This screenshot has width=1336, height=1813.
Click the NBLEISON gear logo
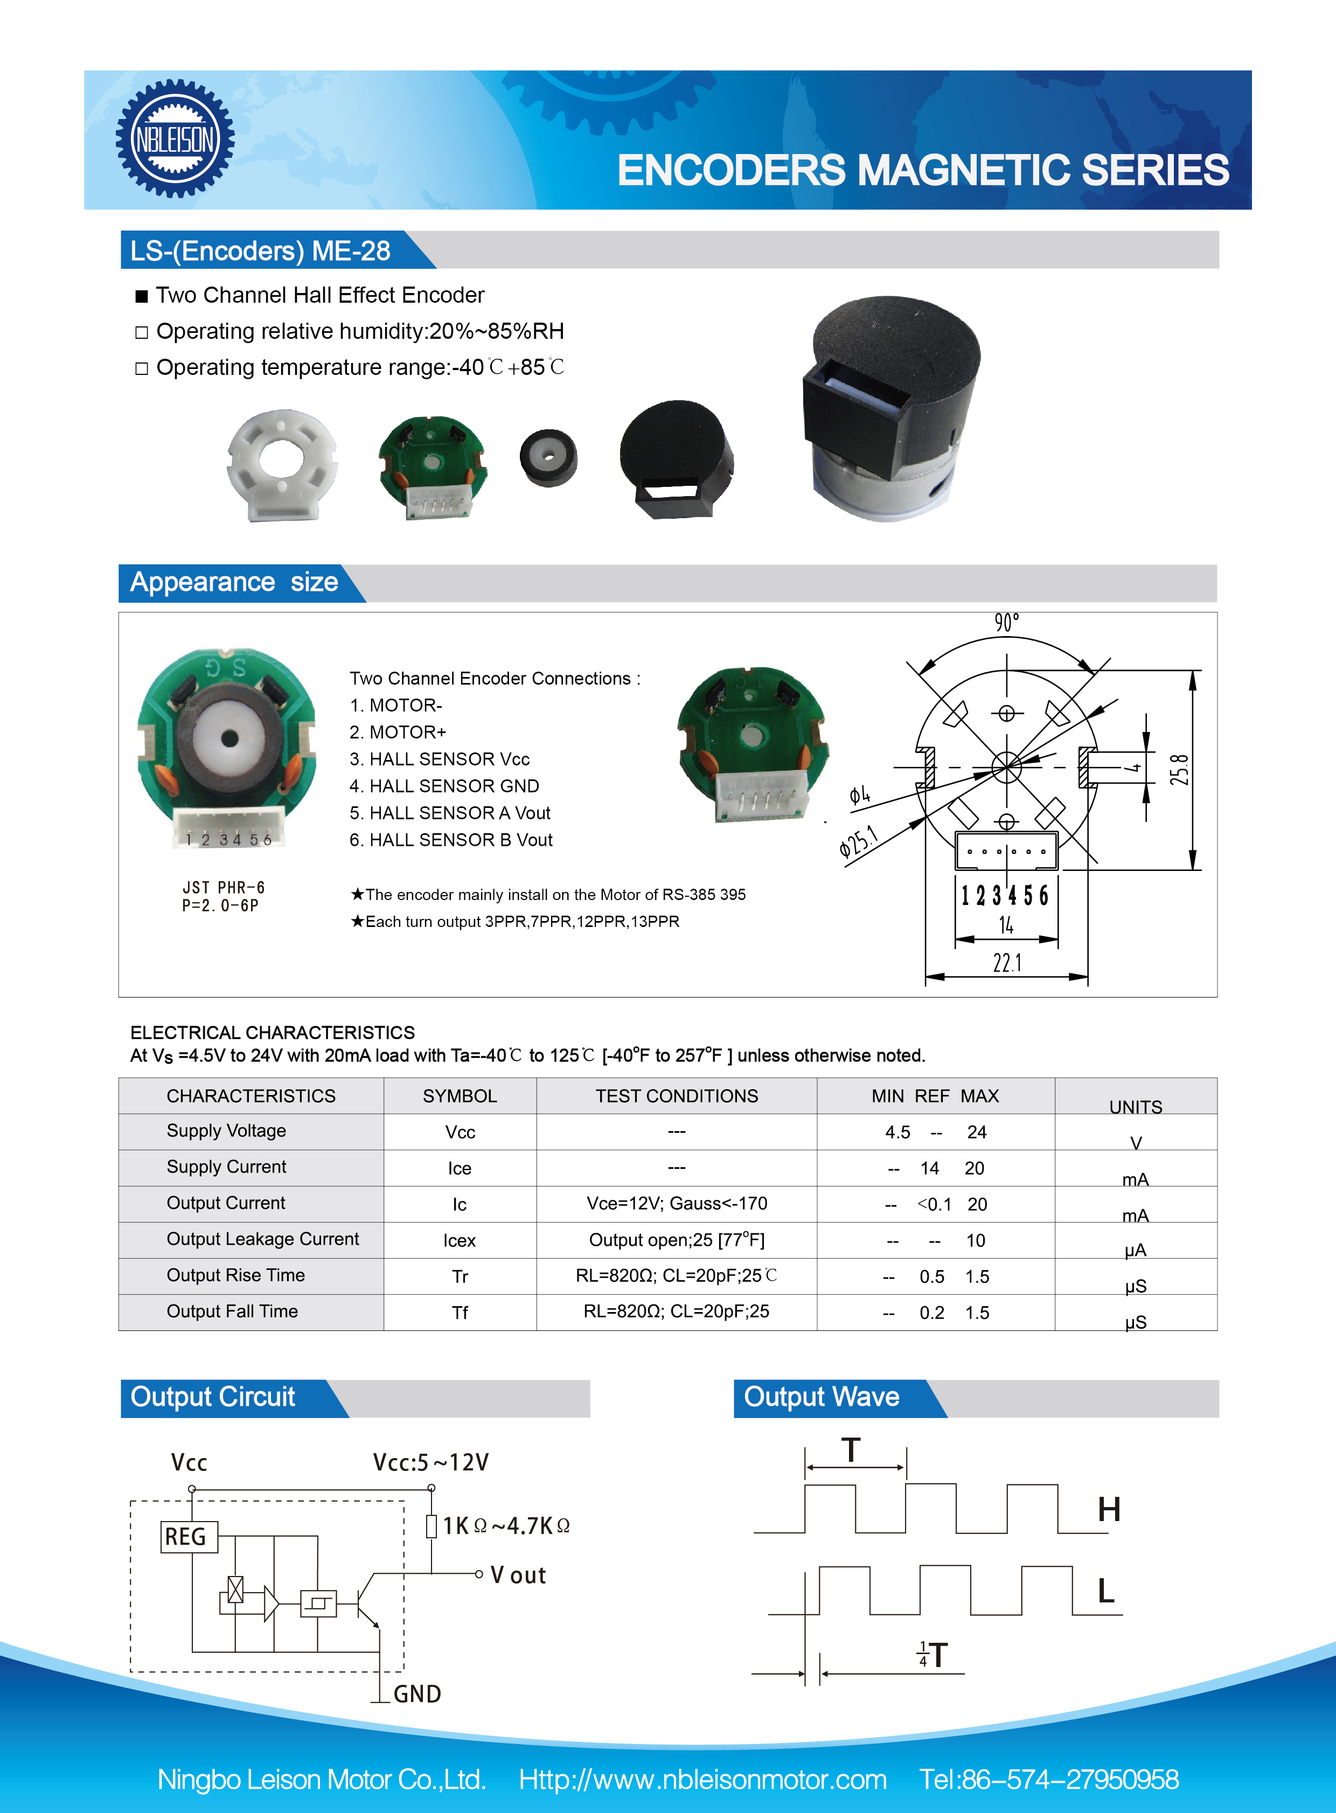(x=175, y=139)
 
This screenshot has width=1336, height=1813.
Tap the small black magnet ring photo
(x=548, y=458)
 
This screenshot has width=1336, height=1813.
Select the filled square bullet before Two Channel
(x=142, y=296)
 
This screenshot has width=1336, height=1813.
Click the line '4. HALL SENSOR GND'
(x=444, y=786)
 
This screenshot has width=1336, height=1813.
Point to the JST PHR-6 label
(x=223, y=888)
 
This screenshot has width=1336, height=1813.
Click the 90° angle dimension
(x=1006, y=622)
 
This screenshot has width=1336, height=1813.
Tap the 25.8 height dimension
(x=1179, y=770)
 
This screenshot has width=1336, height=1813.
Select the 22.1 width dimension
(x=1007, y=963)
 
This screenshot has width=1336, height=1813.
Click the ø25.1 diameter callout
(x=857, y=841)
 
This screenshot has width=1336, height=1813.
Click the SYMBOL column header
(x=460, y=1096)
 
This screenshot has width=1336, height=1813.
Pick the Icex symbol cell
(x=460, y=1240)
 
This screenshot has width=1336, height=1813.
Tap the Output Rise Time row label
(x=235, y=1275)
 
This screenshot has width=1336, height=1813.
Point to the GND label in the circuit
(x=416, y=1694)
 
